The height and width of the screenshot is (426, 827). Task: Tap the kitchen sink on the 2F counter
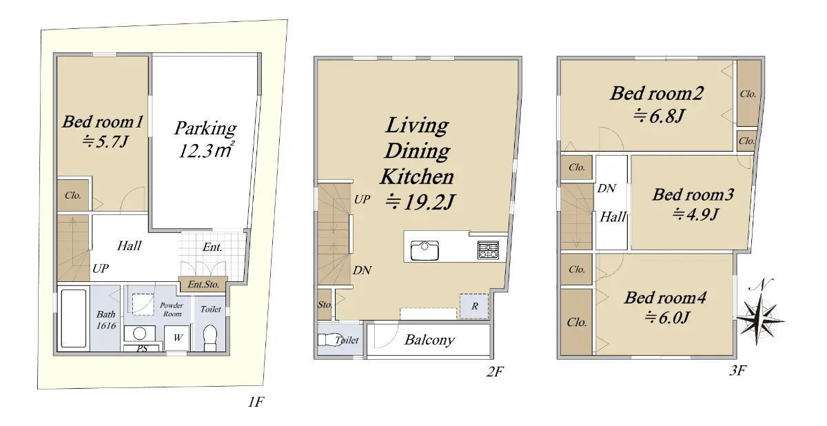pyautogui.click(x=425, y=250)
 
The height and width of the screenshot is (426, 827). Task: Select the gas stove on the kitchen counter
pyautogui.click(x=488, y=250)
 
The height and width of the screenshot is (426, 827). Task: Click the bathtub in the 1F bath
pyautogui.click(x=74, y=318)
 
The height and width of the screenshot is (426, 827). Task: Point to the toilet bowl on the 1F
pyautogui.click(x=210, y=336)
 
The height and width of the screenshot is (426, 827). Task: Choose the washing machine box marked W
pyautogui.click(x=178, y=337)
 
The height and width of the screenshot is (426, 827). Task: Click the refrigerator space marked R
pyautogui.click(x=474, y=306)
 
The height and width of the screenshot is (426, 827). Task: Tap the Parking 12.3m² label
pyautogui.click(x=205, y=139)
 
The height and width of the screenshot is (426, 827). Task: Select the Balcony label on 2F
pyautogui.click(x=429, y=340)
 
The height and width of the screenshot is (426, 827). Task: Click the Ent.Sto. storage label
pyautogui.click(x=203, y=284)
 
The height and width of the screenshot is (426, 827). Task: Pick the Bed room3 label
pyautogui.click(x=693, y=194)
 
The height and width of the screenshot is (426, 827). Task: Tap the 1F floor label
pyautogui.click(x=256, y=402)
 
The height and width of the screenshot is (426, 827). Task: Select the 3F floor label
pyautogui.click(x=737, y=370)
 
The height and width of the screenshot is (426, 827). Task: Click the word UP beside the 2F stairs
pyautogui.click(x=362, y=199)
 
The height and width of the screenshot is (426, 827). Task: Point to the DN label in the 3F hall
pyautogui.click(x=606, y=189)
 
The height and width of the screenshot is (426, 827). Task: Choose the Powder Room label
pyautogui.click(x=172, y=310)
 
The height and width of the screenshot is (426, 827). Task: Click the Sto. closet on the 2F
pyautogui.click(x=325, y=305)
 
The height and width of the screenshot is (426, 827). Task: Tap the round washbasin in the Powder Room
pyautogui.click(x=139, y=334)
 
